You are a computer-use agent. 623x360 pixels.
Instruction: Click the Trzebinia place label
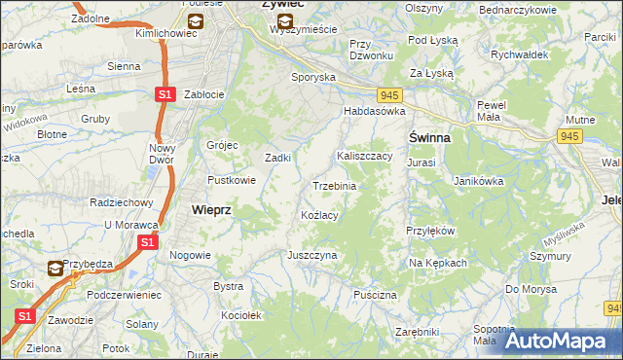click(x=334, y=186)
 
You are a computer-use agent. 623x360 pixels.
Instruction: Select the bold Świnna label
click(x=428, y=138)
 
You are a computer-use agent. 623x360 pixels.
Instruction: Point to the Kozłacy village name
click(x=319, y=215)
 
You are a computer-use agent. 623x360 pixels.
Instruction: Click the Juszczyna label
click(x=311, y=255)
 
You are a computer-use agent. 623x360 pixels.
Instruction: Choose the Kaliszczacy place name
click(x=364, y=156)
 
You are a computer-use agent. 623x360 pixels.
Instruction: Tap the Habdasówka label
click(x=373, y=111)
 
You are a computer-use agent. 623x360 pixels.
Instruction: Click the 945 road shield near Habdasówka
click(x=389, y=94)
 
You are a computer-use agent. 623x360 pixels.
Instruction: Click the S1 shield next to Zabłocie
click(x=165, y=94)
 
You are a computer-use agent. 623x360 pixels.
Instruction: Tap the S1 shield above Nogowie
click(x=147, y=241)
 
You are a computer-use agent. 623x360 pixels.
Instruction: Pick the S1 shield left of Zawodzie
click(x=24, y=316)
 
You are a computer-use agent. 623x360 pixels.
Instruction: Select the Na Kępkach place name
click(x=438, y=263)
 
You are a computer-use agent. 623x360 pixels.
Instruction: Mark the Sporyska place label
click(x=313, y=76)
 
